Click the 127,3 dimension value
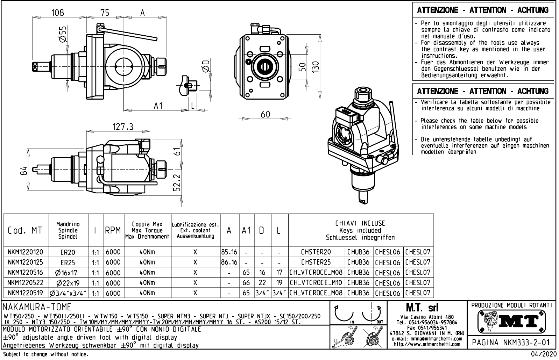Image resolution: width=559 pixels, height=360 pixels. [x=122, y=127]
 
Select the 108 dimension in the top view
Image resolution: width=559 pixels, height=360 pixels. [x=58, y=13]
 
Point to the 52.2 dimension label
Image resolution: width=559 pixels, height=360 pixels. [x=178, y=182]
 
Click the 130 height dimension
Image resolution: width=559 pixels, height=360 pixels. [x=316, y=66]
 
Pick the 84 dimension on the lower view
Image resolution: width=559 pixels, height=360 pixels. [x=23, y=171]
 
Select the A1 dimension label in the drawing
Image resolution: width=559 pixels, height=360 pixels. [x=158, y=106]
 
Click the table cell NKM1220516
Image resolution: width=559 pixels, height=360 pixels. [x=26, y=273]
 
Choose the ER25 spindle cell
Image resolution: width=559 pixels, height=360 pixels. [x=68, y=262]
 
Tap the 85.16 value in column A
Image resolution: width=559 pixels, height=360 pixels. [x=229, y=252]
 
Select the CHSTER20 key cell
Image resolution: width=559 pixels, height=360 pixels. [x=316, y=252]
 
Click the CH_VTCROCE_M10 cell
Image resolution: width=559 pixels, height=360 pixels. [x=316, y=283]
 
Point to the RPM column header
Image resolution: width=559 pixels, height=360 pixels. [x=113, y=231]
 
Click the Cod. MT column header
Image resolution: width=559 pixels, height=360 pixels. [x=25, y=231]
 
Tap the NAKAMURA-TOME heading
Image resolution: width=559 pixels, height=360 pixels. [x=37, y=307]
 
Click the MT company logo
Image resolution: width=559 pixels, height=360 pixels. [x=511, y=321]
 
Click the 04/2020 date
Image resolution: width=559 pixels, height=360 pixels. [x=543, y=354]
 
